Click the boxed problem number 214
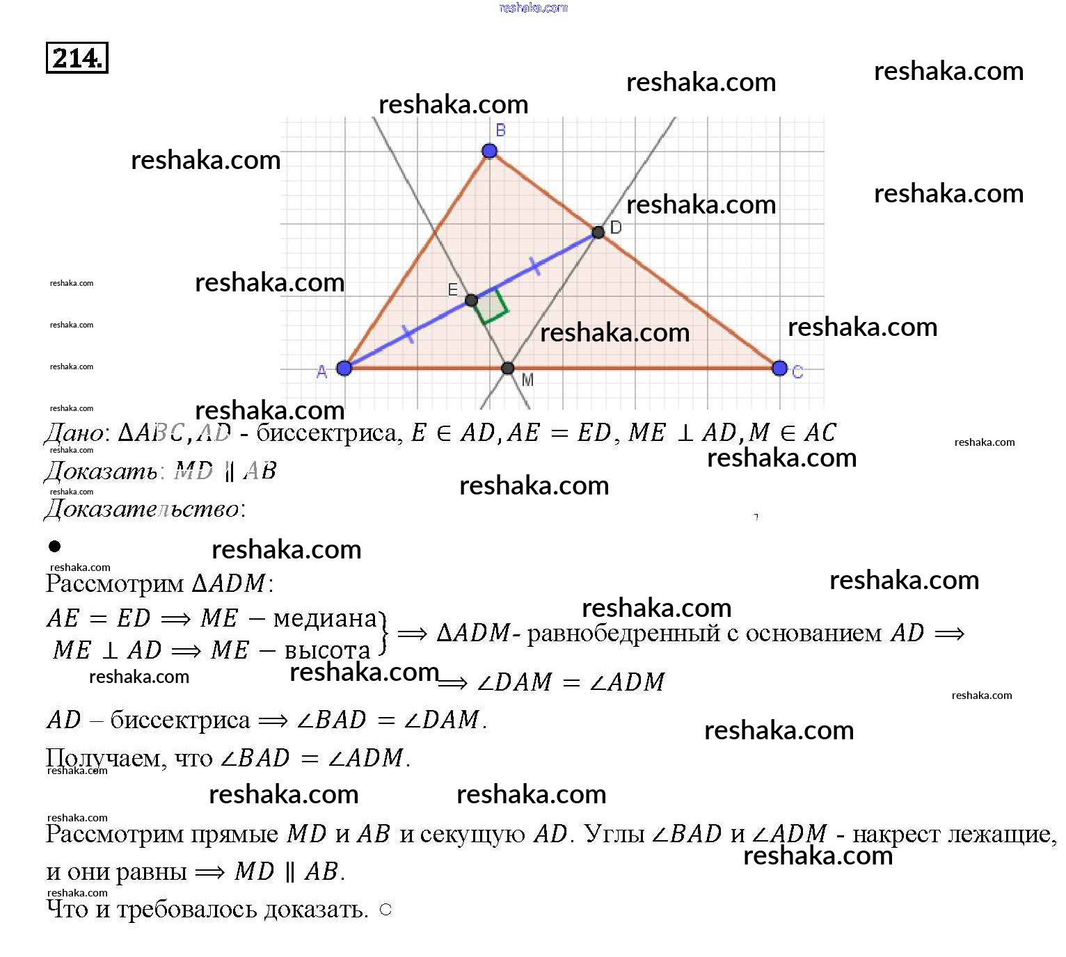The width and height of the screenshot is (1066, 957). point(77,58)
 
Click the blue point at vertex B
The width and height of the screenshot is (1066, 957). point(489,151)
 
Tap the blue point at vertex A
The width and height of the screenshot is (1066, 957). point(344,368)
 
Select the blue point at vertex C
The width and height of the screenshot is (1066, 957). point(779,368)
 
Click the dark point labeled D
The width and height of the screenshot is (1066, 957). point(598,232)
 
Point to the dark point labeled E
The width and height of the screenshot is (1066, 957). point(471,300)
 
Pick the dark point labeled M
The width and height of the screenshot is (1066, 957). point(508,368)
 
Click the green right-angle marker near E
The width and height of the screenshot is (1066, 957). point(492,307)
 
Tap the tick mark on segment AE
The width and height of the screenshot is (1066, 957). point(408,335)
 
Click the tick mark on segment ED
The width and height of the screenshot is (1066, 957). point(534,266)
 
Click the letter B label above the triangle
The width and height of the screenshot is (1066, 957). point(500,130)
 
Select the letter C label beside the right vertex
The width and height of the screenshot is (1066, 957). point(797,373)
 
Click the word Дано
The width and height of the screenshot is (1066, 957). point(73,433)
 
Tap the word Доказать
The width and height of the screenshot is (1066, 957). point(100,472)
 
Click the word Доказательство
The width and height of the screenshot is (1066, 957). point(143,509)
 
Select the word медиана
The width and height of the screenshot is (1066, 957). point(325,618)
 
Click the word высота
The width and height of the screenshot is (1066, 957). point(327,650)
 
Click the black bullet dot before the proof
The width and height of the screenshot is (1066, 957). point(55,547)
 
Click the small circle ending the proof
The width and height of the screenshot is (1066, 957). point(385,910)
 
